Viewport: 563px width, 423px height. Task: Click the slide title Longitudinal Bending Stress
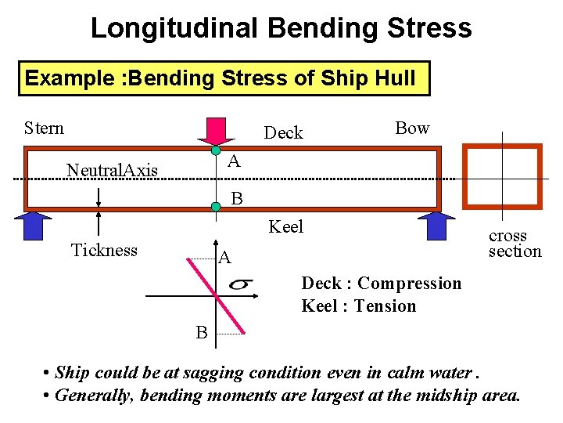click(x=281, y=28)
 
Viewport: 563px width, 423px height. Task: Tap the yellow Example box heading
click(x=224, y=78)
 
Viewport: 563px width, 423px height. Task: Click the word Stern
click(x=44, y=128)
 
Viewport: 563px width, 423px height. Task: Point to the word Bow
click(x=412, y=128)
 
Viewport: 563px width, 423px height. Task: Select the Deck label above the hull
click(x=283, y=133)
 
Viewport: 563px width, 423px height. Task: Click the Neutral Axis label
click(x=113, y=170)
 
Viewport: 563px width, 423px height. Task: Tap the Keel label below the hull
click(x=285, y=227)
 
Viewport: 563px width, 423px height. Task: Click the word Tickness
click(x=104, y=250)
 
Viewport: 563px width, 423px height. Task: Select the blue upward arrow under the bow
click(x=436, y=224)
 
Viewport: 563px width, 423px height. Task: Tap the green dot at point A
click(x=216, y=150)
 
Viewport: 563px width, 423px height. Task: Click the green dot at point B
click(x=216, y=207)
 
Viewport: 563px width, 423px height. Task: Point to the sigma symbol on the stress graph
click(x=240, y=284)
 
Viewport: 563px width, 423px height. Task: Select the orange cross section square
click(x=501, y=177)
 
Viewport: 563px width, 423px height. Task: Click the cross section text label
click(x=514, y=244)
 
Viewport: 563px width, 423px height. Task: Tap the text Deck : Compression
click(x=382, y=283)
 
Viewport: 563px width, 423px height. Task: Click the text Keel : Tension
click(x=359, y=305)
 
